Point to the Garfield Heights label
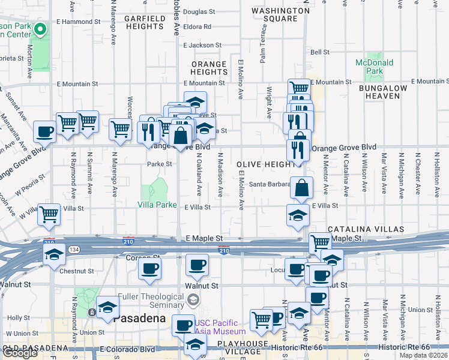pos(145,23)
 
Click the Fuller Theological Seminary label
pos(151,301)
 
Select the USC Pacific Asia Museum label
pos(220,327)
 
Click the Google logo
pos(20,352)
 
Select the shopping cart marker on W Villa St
pos(49,213)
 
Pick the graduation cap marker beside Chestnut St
pos(54,254)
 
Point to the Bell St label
pos(320,53)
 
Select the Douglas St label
pos(199,11)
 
